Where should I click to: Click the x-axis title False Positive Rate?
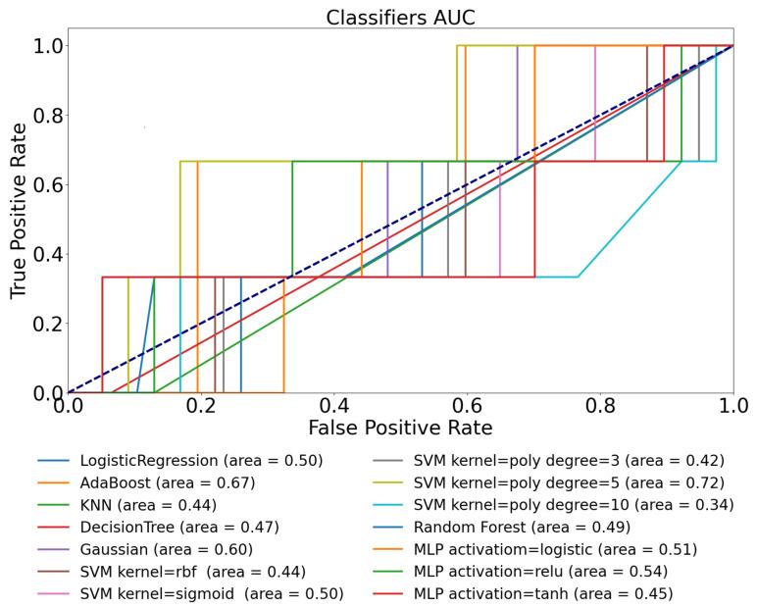(x=400, y=429)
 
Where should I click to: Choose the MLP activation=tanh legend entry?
(x=543, y=594)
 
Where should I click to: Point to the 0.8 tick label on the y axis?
(x=40, y=116)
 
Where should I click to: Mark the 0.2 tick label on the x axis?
(x=200, y=405)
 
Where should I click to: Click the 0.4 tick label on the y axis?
(x=40, y=254)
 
